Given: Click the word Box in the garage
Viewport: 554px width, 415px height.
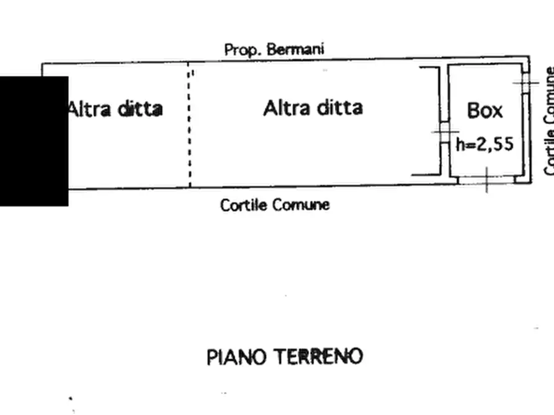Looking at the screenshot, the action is pos(485,110).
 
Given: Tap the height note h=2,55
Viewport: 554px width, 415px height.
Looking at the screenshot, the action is pos(485,144).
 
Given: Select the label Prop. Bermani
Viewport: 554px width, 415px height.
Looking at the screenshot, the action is pos(274,50).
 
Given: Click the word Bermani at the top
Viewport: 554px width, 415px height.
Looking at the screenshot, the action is pos(295,50).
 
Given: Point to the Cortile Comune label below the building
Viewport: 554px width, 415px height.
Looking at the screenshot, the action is pos(275,204).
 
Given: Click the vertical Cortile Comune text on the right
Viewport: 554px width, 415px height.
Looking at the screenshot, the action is pos(549,121).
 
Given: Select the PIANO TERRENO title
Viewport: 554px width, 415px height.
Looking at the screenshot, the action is pos(285,357).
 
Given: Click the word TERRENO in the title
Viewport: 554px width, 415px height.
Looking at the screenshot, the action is pos(318,357).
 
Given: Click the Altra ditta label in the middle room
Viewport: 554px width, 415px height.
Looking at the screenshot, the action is pos(313,108).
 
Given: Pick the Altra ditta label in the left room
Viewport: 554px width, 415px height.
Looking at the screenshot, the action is pos(115,109).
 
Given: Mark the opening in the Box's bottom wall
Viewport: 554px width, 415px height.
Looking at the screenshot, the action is pos(486,180).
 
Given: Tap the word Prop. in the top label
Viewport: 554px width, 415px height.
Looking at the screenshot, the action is pos(243,50).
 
